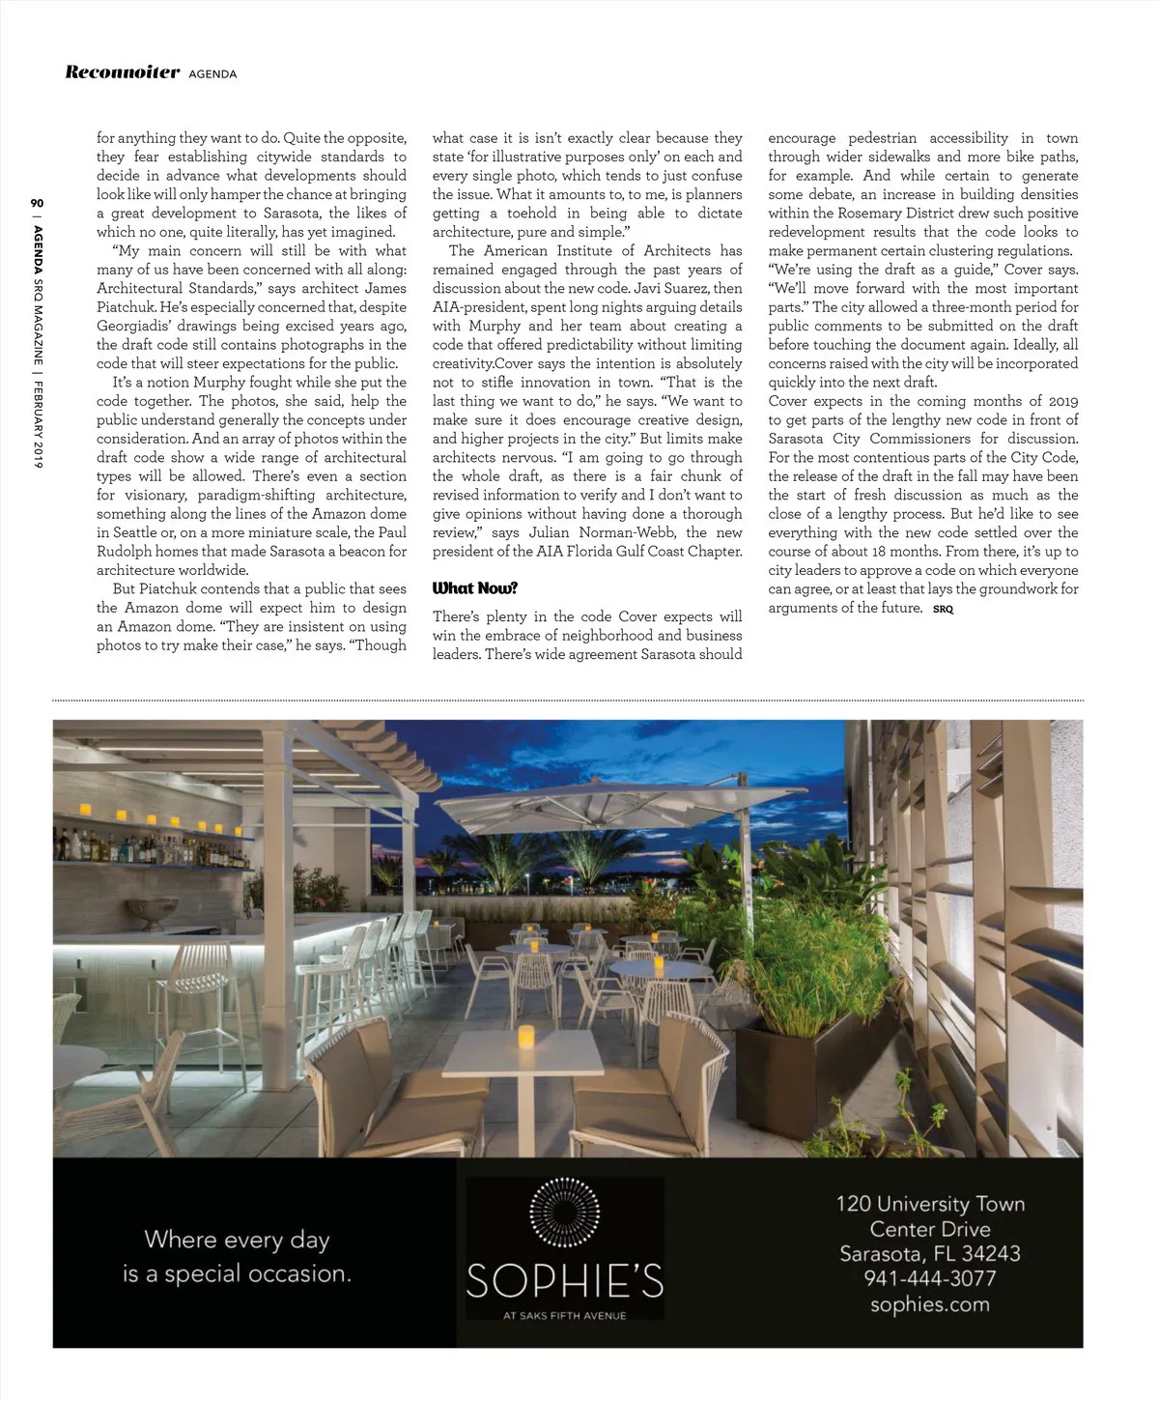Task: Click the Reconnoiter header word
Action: point(122,72)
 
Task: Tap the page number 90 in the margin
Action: point(37,204)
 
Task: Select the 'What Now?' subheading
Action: point(474,588)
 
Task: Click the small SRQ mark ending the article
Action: point(943,609)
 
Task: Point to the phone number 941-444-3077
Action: point(929,1278)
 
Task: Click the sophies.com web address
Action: point(929,1304)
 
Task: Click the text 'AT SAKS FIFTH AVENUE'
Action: point(565,1315)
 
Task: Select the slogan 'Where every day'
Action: point(237,1240)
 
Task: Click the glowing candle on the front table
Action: point(526,1039)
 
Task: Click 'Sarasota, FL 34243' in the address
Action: point(929,1254)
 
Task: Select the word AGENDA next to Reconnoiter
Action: point(212,74)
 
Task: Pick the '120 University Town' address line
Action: point(929,1204)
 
